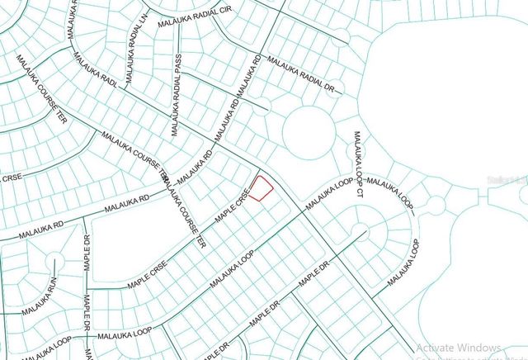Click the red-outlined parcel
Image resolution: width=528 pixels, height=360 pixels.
(261, 189)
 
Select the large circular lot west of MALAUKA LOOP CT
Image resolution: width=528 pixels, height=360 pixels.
(308, 132)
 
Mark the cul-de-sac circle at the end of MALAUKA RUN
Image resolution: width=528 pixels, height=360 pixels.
(54, 263)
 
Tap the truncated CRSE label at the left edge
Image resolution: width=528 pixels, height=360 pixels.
(11, 177)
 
